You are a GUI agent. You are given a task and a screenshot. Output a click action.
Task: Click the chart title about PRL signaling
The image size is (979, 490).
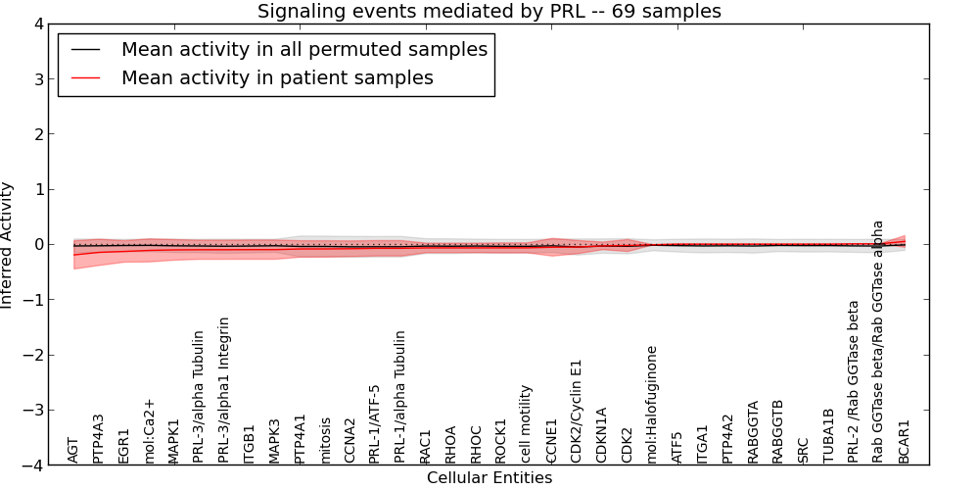[489, 12]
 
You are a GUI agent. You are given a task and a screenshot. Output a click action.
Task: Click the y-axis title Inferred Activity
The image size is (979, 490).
[8, 244]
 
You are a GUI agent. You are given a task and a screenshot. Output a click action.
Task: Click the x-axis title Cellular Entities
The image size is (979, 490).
[489, 478]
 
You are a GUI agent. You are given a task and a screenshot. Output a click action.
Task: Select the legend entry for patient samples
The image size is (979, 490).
[277, 77]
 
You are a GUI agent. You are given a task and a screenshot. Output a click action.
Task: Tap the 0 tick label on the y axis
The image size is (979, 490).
[38, 244]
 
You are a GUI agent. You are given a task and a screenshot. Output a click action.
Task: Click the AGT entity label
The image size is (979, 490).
[73, 450]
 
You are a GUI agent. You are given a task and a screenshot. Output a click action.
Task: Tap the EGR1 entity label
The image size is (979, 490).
[124, 445]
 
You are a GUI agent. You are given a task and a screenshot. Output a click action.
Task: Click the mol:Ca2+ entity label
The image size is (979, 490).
[150, 431]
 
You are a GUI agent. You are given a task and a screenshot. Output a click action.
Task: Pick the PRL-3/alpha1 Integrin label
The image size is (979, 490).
[225, 389]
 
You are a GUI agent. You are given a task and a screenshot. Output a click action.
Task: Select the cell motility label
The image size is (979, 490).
[527, 423]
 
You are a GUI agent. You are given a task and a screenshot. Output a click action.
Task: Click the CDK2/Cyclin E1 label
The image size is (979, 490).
[577, 411]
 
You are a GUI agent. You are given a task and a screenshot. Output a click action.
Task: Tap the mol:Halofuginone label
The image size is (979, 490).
[652, 404]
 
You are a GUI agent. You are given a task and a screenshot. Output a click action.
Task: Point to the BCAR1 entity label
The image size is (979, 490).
[905, 441]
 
